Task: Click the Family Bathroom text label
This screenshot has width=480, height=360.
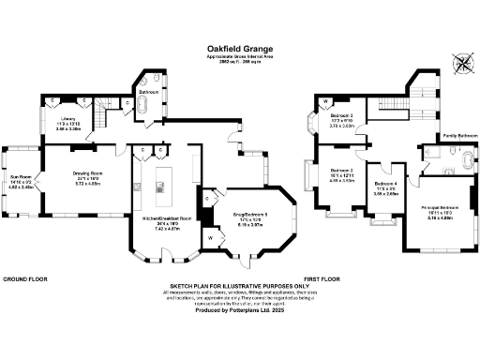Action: (459, 135)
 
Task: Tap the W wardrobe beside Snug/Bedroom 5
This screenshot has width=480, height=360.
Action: (210, 238)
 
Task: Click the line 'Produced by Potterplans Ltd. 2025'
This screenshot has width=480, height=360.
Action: (239, 310)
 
